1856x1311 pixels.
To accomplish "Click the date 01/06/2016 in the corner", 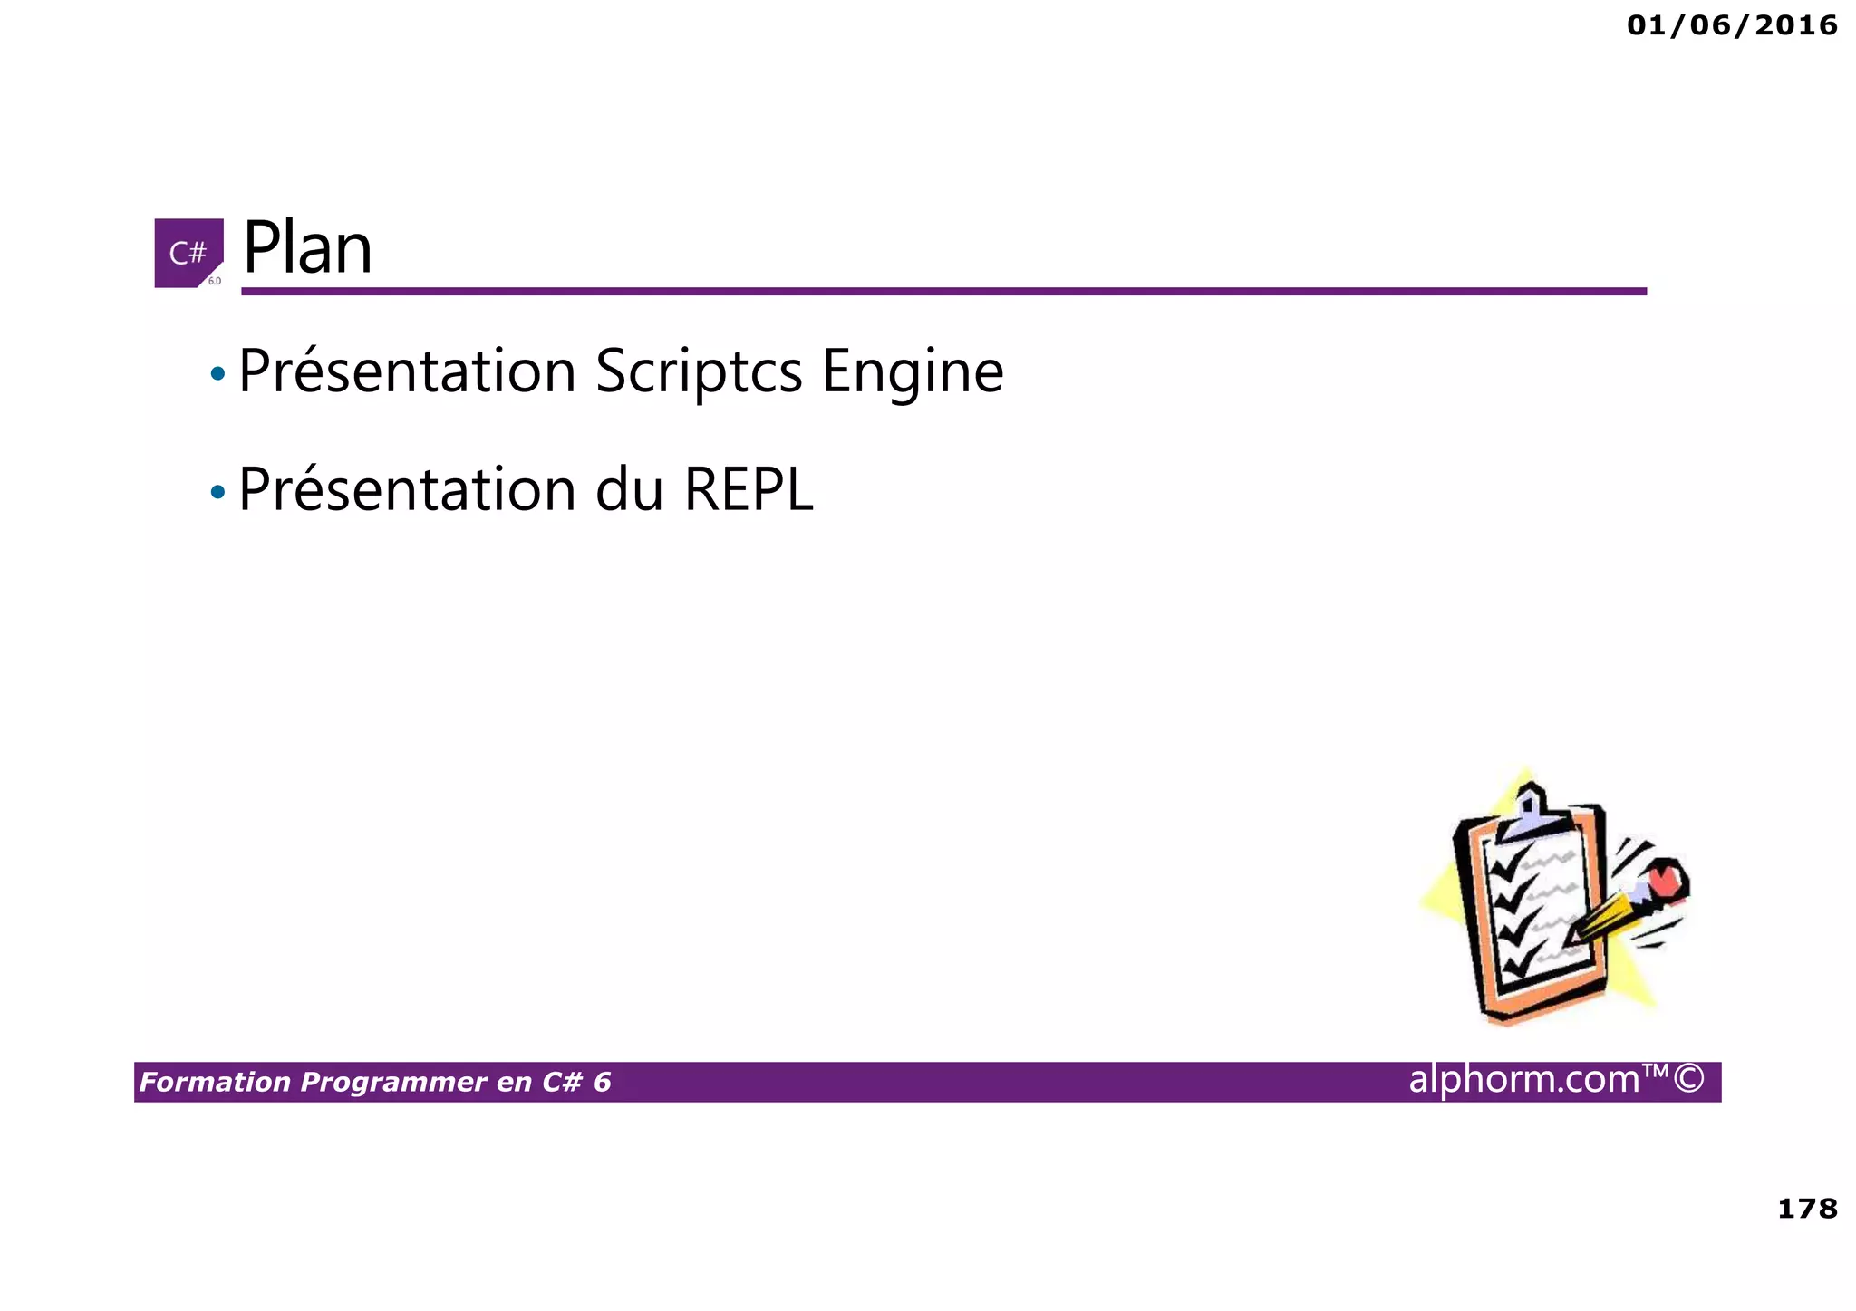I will tap(1731, 25).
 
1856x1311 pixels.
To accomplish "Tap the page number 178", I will tap(1807, 1209).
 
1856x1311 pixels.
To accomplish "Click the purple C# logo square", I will tap(188, 252).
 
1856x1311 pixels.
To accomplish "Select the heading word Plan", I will tap(308, 248).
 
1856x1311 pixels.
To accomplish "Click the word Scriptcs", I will tap(699, 371).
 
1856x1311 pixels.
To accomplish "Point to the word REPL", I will tap(749, 490).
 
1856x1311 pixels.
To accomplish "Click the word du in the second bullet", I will tap(630, 490).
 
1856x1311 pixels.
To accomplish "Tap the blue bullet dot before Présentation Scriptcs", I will tap(217, 373).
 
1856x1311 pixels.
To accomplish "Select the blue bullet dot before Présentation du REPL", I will tap(217, 493).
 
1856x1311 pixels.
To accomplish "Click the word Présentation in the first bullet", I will tap(407, 371).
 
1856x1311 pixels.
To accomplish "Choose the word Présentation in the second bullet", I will tap(407, 490).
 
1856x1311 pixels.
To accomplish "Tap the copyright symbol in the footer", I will tap(1688, 1079).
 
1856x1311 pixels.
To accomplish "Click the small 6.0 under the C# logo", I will tap(215, 281).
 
